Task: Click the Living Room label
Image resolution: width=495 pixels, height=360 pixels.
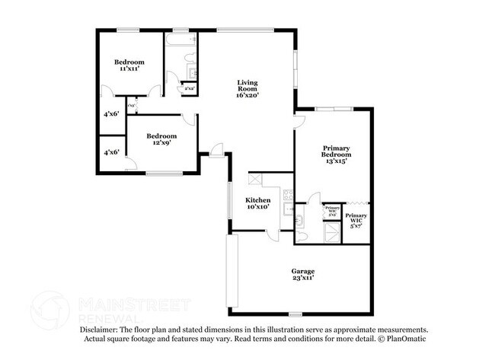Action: point(247,89)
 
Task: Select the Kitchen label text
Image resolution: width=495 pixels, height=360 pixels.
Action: point(258,203)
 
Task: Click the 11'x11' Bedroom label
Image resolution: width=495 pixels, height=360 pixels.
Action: point(129,65)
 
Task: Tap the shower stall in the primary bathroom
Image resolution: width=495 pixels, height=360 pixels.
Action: point(331,232)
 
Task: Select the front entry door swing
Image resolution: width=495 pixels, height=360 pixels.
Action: point(217,150)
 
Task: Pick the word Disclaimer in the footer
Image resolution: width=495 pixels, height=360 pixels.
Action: point(98,330)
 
